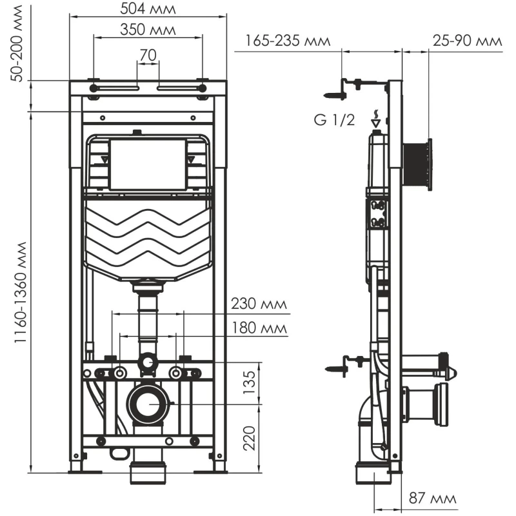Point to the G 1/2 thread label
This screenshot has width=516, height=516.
(x=334, y=121)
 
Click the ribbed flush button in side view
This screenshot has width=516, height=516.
(x=417, y=164)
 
